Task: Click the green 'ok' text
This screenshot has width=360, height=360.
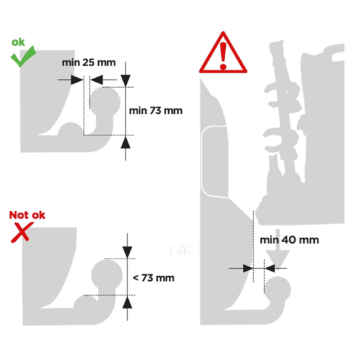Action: point(18,43)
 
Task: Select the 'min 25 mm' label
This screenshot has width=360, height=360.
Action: point(89,63)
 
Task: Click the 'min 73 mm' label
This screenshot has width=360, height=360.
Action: point(156,111)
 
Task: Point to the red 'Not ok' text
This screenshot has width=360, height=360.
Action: point(27,215)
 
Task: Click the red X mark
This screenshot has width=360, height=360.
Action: point(22,232)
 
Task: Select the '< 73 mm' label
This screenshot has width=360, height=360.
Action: point(154,278)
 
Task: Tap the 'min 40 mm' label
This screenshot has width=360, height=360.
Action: point(289,240)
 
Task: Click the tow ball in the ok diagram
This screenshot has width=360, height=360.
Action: point(105,101)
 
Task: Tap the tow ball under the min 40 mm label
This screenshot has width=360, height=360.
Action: point(278,290)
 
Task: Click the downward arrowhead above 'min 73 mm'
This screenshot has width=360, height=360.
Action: point(126,81)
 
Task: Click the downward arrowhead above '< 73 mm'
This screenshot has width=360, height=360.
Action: point(128,252)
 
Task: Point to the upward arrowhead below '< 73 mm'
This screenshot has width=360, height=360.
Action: point(128,302)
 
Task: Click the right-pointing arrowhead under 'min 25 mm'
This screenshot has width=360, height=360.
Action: point(77,80)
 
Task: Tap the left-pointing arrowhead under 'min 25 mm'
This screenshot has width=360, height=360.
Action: point(97,80)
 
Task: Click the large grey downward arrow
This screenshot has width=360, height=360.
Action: point(278,249)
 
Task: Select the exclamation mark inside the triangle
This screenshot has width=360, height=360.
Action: point(223,56)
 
